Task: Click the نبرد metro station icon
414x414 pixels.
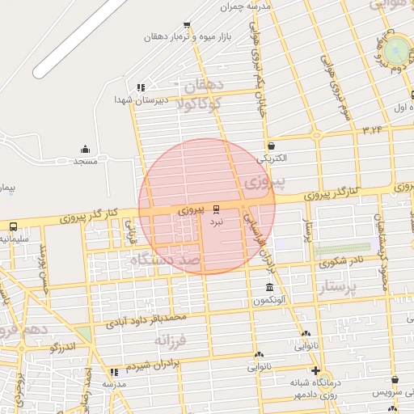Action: coord(216,209)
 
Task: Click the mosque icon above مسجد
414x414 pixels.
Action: coord(86,149)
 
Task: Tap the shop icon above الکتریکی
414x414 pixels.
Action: coord(270,146)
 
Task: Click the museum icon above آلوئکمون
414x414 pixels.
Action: coord(269,288)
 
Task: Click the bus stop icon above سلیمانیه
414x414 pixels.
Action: coord(13,226)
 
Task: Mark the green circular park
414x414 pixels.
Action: coord(396,50)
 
